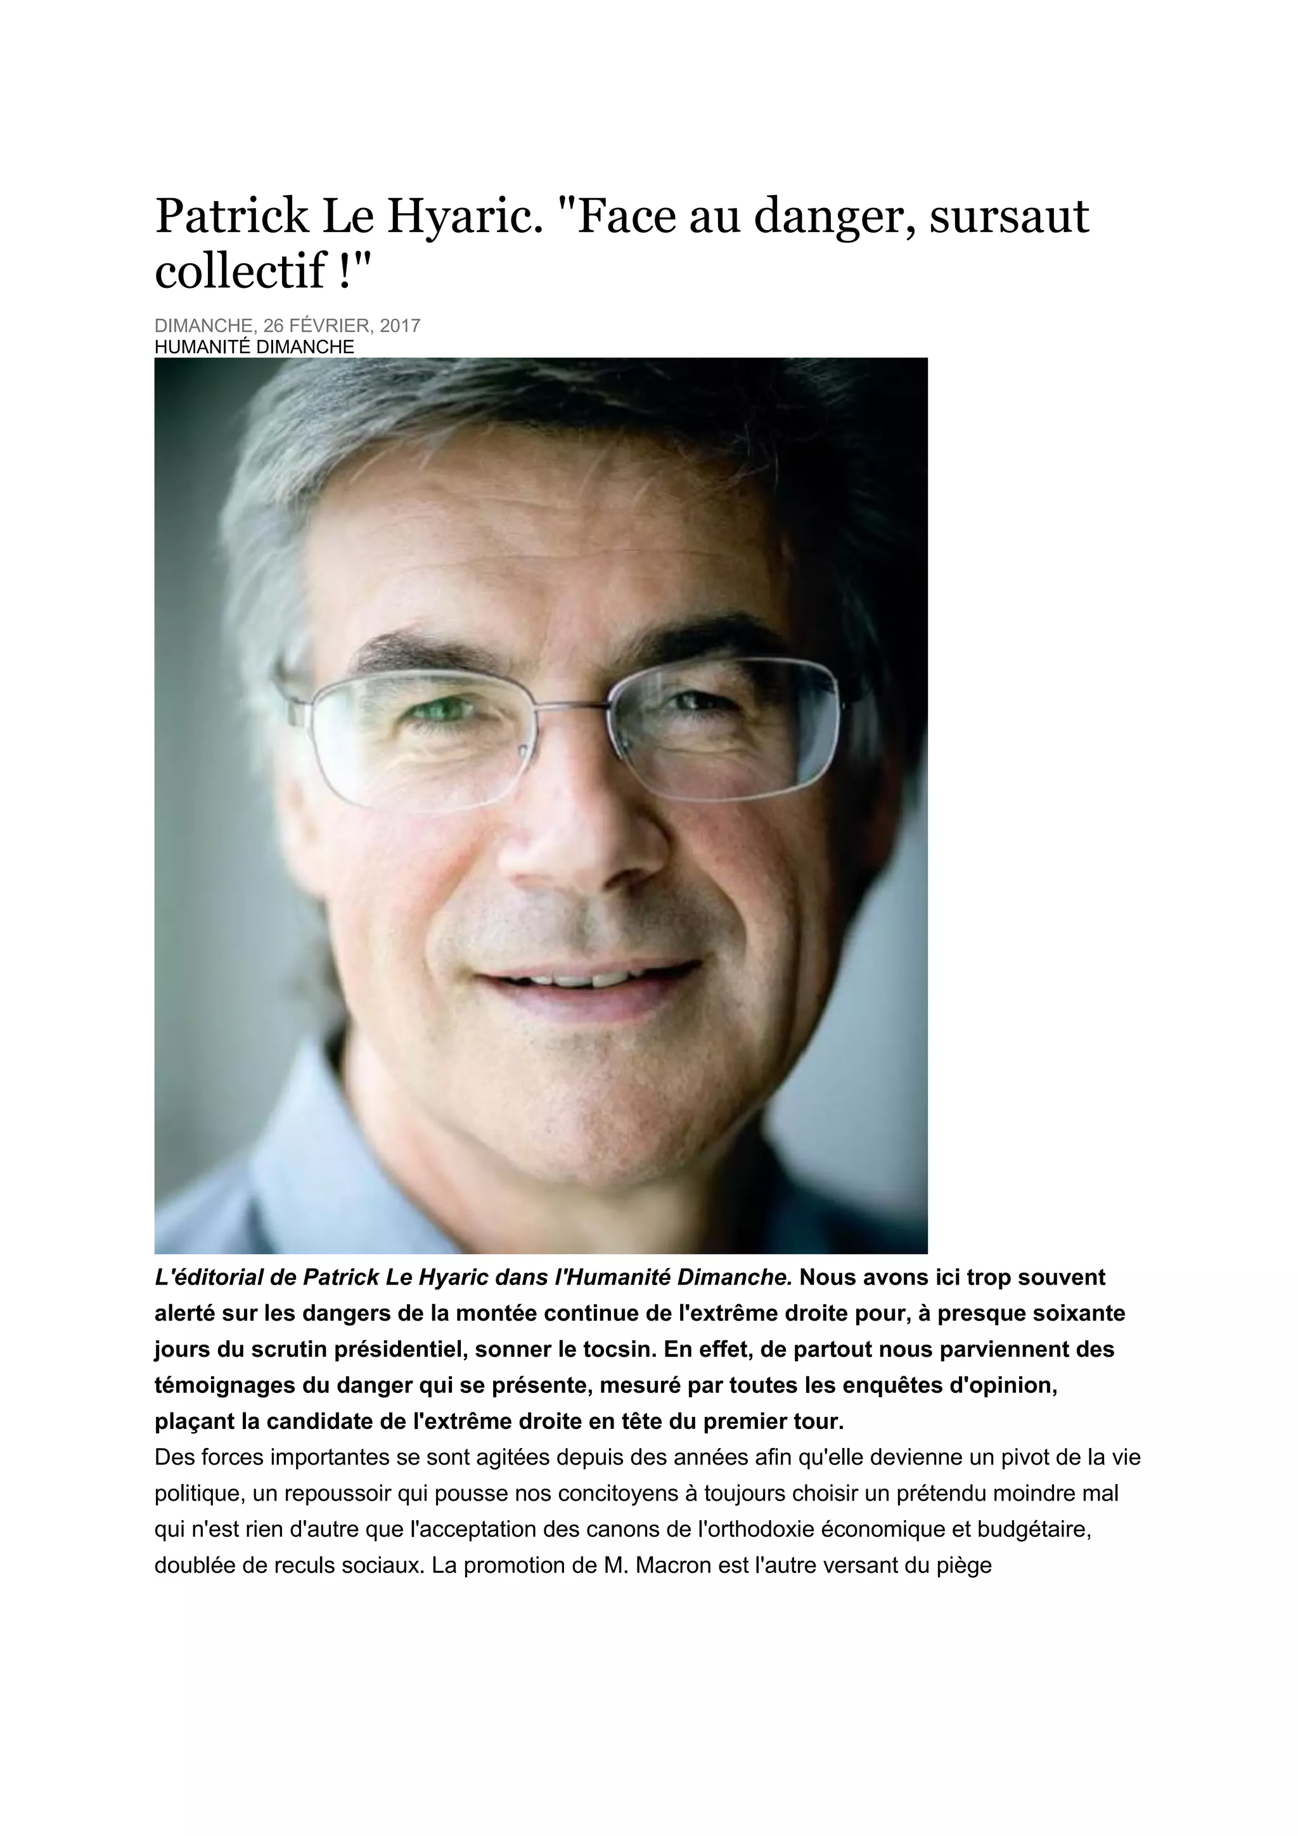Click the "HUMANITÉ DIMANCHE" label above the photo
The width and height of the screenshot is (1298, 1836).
pos(254,347)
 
